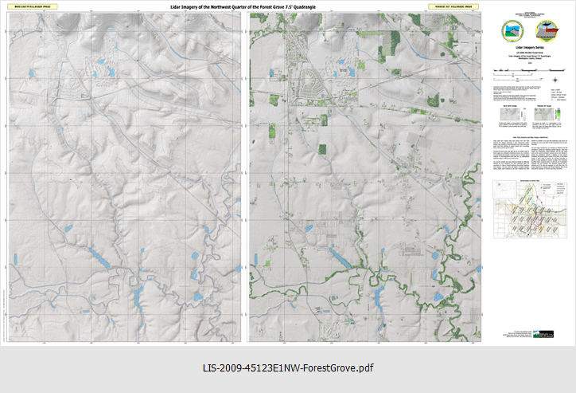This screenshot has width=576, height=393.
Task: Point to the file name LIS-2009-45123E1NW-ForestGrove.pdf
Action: pos(288,368)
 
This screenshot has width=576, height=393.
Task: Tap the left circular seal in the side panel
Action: pos(508,30)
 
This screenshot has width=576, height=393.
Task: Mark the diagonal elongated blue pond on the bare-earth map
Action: pos(99,257)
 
